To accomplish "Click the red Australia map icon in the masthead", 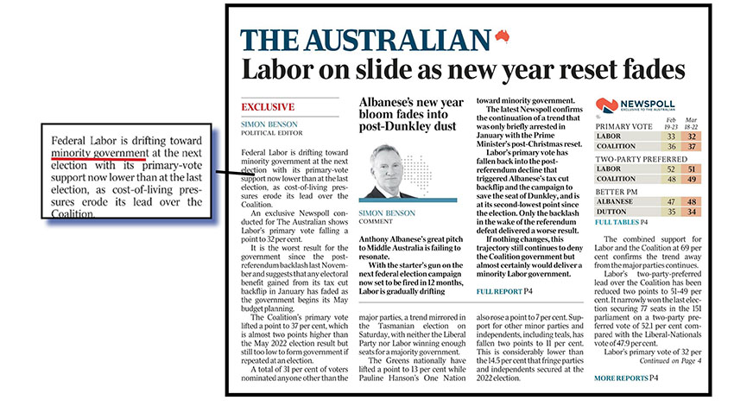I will coord(500,36).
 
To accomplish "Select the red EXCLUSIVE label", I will coord(268,107).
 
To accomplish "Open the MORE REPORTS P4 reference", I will coord(628,378).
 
